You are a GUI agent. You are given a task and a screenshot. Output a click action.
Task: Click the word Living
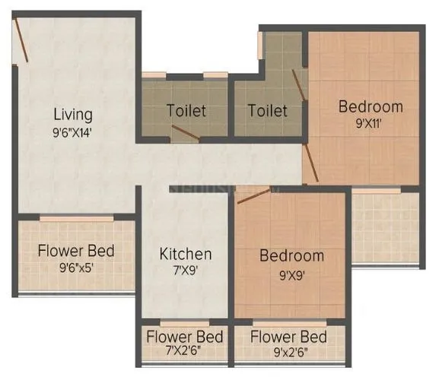click(73, 115)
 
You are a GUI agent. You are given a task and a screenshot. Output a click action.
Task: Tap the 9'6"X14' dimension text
click(73, 131)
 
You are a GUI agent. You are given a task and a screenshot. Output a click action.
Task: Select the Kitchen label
click(185, 253)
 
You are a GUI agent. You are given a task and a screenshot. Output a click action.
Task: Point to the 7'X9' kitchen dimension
click(184, 270)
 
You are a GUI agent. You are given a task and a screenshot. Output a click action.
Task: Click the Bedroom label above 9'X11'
click(370, 106)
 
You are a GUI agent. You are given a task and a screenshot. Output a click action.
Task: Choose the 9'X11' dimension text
click(370, 123)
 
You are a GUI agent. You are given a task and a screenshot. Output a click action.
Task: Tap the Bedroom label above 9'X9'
click(291, 255)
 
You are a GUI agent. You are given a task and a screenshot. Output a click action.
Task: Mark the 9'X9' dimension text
click(291, 272)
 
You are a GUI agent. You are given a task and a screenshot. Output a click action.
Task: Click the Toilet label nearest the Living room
click(186, 111)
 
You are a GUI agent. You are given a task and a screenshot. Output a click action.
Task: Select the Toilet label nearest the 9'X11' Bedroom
click(267, 111)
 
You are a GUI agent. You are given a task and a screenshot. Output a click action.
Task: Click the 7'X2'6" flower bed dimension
click(185, 351)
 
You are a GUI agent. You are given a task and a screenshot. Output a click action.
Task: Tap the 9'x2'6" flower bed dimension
click(289, 351)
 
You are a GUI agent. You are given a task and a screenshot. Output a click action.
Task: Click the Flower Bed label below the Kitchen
click(185, 337)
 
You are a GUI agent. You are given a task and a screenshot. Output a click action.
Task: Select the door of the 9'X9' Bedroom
click(253, 196)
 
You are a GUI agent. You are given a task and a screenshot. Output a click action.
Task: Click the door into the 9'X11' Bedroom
click(310, 163)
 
